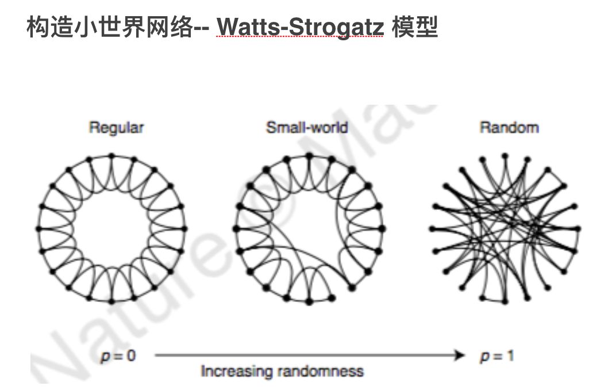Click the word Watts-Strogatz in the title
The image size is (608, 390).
click(301, 28)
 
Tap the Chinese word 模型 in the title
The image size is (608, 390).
click(415, 28)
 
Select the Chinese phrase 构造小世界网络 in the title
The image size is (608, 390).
click(109, 28)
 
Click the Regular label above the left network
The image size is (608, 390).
click(116, 128)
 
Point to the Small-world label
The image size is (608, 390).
click(307, 128)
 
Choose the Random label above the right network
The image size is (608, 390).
click(509, 128)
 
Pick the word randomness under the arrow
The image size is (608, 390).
click(320, 371)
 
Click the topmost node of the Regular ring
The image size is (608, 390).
click(111, 155)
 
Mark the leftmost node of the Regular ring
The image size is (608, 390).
click(39, 228)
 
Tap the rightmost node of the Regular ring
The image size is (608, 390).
click(185, 228)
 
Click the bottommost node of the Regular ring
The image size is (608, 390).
click(111, 301)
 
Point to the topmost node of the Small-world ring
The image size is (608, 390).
click(309, 155)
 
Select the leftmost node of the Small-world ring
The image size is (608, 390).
click(236, 228)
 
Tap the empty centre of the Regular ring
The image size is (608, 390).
click(111, 228)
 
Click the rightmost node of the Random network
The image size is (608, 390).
click(578, 228)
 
